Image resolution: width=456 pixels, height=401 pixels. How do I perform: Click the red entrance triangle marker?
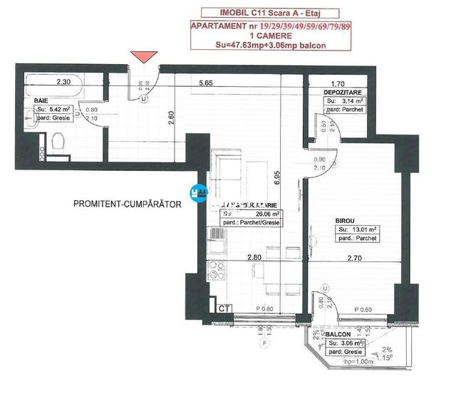click(145, 58)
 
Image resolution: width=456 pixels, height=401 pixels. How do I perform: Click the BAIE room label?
click(42, 101)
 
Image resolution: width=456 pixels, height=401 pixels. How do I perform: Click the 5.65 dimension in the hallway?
click(207, 82)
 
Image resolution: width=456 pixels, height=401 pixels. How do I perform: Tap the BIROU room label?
click(345, 221)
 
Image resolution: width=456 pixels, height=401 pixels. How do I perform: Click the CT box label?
click(223, 308)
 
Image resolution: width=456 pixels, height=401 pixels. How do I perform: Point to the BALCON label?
click(338, 334)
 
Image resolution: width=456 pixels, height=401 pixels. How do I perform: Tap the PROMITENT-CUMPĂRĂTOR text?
click(128, 204)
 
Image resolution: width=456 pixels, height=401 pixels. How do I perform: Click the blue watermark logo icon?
click(199, 192)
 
